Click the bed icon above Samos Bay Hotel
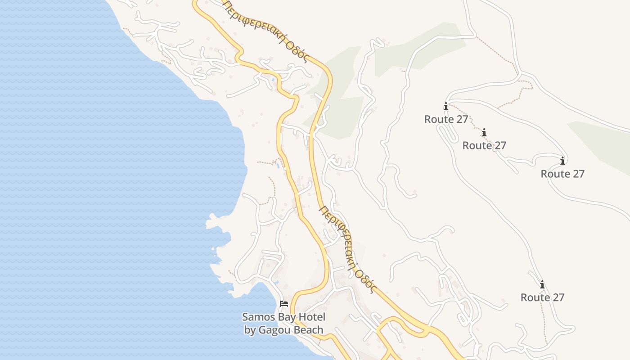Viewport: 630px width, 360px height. point(283,304)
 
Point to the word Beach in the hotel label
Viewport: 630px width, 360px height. point(308,330)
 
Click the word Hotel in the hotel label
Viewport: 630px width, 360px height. point(311,317)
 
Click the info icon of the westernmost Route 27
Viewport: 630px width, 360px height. point(446,107)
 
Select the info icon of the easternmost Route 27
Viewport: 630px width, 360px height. point(562,161)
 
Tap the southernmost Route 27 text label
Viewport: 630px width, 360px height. point(542,297)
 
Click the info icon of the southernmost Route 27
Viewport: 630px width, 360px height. point(542,285)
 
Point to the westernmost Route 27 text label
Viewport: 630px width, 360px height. point(446,119)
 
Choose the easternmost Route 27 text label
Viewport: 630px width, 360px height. point(562,174)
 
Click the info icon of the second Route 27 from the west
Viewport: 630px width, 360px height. point(484,133)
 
